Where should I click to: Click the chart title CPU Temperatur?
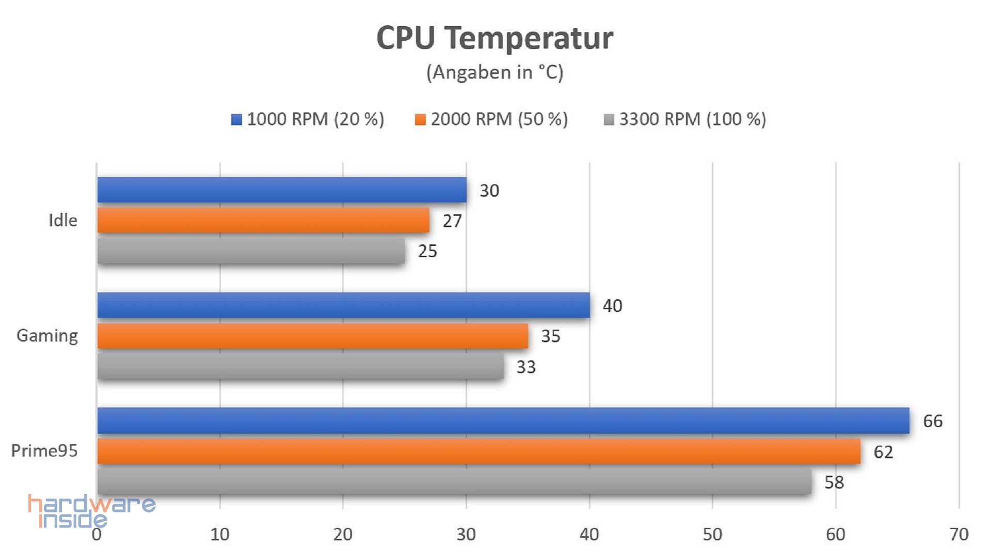pyautogui.click(x=494, y=38)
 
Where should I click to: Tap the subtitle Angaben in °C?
pyautogui.click(x=494, y=72)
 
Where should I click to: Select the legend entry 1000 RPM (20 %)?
pyautogui.click(x=308, y=119)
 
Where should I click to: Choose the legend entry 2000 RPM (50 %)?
pyautogui.click(x=491, y=119)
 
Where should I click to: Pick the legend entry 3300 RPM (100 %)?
pyautogui.click(x=685, y=119)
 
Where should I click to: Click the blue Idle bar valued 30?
pyautogui.click(x=282, y=190)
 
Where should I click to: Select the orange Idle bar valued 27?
pyautogui.click(x=263, y=220)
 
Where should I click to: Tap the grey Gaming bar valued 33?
pyautogui.click(x=300, y=366)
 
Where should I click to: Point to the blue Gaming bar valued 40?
pyautogui.click(x=343, y=305)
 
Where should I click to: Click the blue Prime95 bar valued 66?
pyautogui.click(x=503, y=420)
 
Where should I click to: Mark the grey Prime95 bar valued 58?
pyautogui.click(x=454, y=482)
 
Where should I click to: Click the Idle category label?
pyautogui.click(x=63, y=221)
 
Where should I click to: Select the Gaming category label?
pyautogui.click(x=47, y=336)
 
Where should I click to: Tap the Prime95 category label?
pyautogui.click(x=44, y=451)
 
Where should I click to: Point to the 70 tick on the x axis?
pyautogui.click(x=959, y=534)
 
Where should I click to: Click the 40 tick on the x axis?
pyautogui.click(x=589, y=534)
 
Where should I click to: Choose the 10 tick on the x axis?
pyautogui.click(x=220, y=534)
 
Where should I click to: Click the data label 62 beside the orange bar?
pyautogui.click(x=883, y=452)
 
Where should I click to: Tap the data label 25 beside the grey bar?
pyautogui.click(x=427, y=251)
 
